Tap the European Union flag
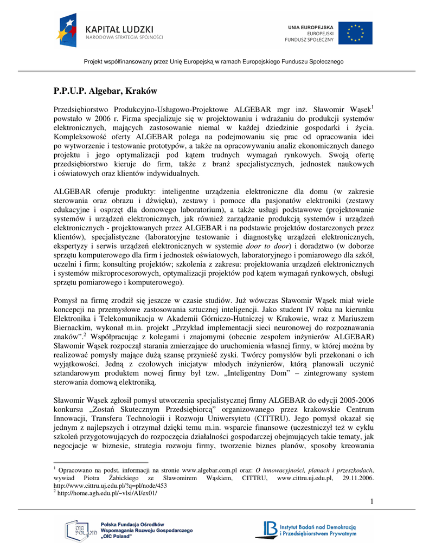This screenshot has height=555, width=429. tap(355, 33)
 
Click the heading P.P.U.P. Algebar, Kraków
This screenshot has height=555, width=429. tap(105, 90)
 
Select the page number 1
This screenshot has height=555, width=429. tap(372, 501)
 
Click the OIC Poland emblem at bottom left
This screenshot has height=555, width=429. tap(80, 531)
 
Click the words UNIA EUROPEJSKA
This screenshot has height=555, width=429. tap(310, 27)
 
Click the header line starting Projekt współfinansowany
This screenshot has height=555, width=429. tap(214, 62)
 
